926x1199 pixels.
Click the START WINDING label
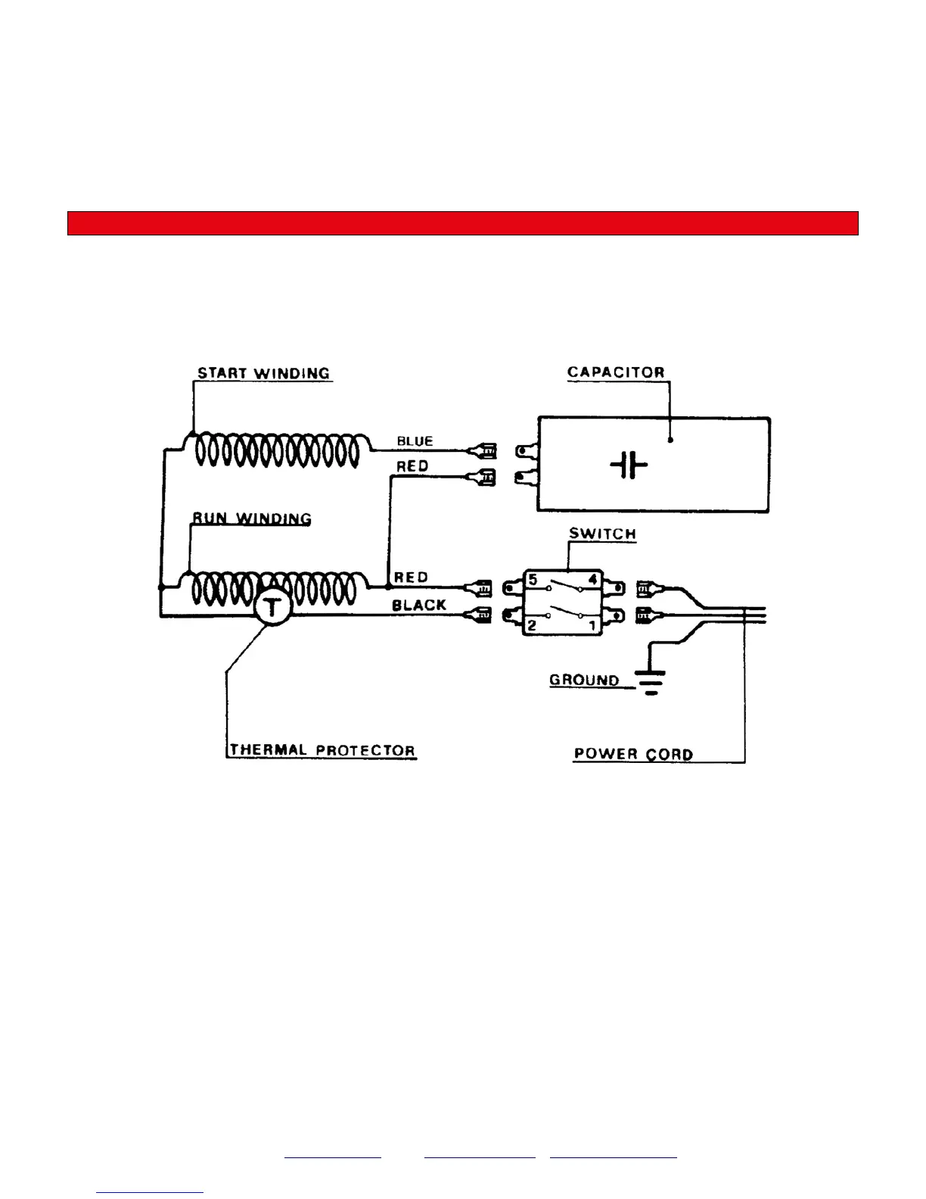(x=263, y=373)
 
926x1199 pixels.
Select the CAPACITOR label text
(x=616, y=372)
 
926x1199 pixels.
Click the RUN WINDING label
(x=251, y=519)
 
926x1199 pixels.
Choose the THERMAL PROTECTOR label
(x=322, y=750)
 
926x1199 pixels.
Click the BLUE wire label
(x=415, y=441)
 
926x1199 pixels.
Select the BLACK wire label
(x=419, y=606)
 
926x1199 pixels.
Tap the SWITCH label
(x=602, y=534)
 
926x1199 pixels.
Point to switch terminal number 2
(x=533, y=625)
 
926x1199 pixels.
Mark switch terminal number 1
(x=592, y=625)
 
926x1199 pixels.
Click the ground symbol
(x=650, y=681)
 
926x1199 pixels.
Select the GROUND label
(x=584, y=680)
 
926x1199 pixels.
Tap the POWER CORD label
(x=633, y=754)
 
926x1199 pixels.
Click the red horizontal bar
(x=463, y=223)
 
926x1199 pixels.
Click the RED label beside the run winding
(x=412, y=578)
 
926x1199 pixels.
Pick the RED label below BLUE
(x=412, y=466)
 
